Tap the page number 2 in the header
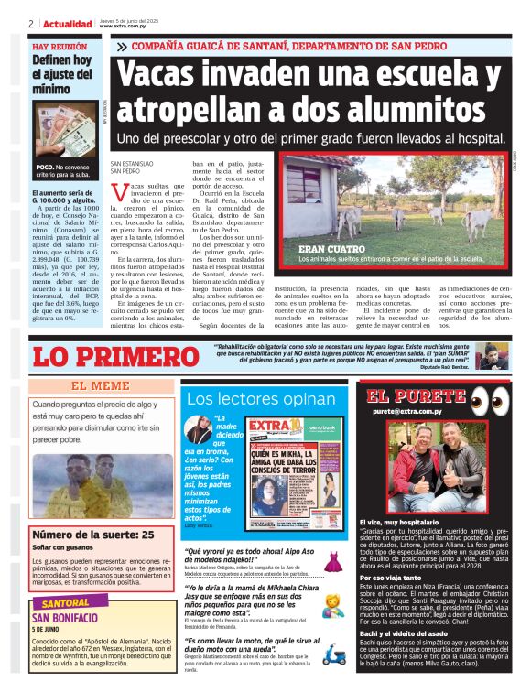click(x=31, y=24)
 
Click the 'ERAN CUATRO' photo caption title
click(x=329, y=248)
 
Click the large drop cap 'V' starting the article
click(x=118, y=194)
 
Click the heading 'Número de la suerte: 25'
click(x=92, y=535)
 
